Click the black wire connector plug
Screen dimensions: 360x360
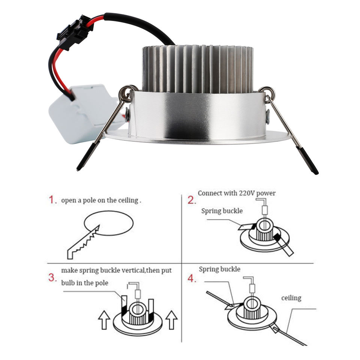(x=75, y=32)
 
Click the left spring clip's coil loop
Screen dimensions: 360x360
(x=126, y=92)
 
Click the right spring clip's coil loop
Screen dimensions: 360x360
(x=267, y=93)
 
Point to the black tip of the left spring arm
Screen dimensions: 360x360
(x=88, y=156)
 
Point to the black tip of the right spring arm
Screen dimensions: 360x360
(x=307, y=160)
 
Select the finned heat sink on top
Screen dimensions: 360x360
(x=198, y=69)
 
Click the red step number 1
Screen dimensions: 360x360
(x=52, y=200)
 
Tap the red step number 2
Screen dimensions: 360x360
(x=192, y=200)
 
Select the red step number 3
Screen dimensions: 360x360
(x=52, y=277)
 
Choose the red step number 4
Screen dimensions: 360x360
(x=192, y=279)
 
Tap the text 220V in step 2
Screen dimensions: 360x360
(x=247, y=193)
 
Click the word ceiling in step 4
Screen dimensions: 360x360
(x=291, y=298)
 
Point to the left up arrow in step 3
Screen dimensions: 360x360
(x=104, y=320)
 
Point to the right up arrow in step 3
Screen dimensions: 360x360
(x=171, y=320)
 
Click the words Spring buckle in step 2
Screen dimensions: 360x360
(x=222, y=211)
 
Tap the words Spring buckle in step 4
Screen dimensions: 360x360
(x=219, y=269)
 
